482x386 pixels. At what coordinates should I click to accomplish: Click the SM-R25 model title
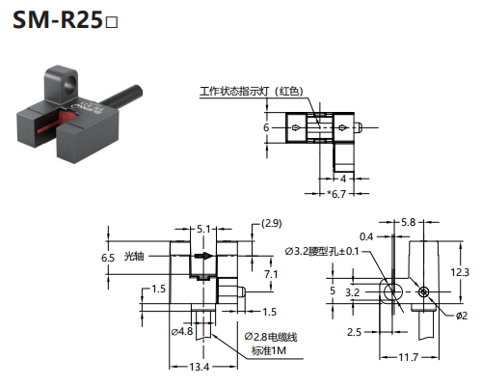coord(66,20)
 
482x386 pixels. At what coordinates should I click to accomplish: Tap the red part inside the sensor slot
coord(54,123)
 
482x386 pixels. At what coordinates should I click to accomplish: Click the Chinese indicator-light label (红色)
coord(252,92)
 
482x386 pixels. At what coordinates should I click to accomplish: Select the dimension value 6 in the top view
coord(266,127)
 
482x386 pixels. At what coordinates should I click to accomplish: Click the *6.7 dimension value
coord(336,194)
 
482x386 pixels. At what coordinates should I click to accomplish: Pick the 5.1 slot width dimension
coord(203,229)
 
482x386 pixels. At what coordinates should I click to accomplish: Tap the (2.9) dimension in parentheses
coord(272,223)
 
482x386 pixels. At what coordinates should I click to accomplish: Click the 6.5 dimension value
coord(108,258)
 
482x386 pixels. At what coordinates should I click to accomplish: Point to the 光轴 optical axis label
coord(134,257)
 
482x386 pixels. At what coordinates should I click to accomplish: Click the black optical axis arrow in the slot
coord(203,256)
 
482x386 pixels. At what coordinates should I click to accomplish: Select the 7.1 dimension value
coord(271,274)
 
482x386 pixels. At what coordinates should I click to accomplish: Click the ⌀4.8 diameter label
coord(182,331)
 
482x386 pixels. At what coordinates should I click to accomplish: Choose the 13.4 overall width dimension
coord(200,367)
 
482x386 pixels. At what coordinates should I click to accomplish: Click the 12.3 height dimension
coord(460,272)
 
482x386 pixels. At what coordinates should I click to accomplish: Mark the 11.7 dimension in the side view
coord(409,357)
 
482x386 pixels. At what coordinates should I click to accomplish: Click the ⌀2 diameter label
coord(462,316)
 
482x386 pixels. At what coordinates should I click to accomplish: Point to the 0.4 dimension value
coord(366,237)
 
